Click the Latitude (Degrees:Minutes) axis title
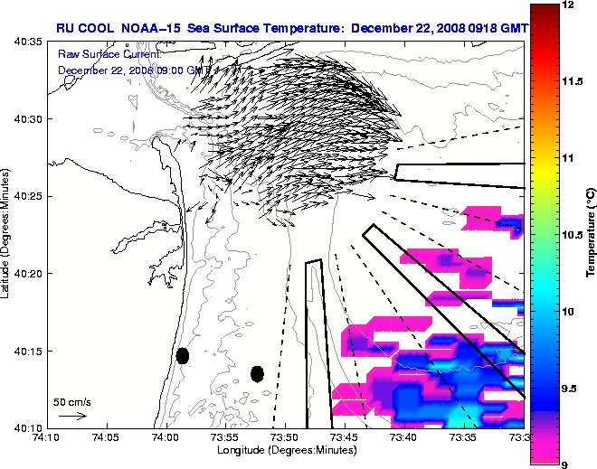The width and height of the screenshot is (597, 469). coord(7,234)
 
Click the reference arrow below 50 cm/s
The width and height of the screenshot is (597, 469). coord(72,416)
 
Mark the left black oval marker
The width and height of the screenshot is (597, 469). coord(183,355)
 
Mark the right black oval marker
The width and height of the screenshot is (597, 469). coord(257,373)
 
